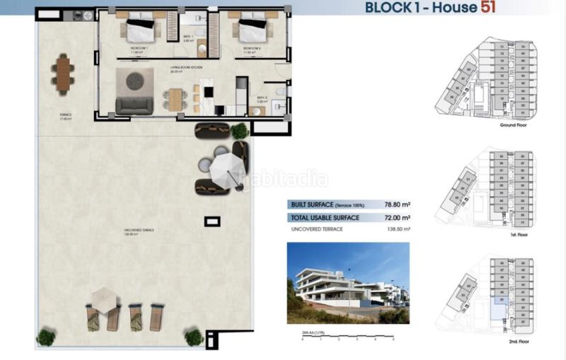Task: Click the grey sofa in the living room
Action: (134, 105)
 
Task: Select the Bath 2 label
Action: (262, 99)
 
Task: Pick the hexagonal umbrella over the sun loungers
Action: (104, 298)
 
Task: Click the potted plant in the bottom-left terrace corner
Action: (47, 337)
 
